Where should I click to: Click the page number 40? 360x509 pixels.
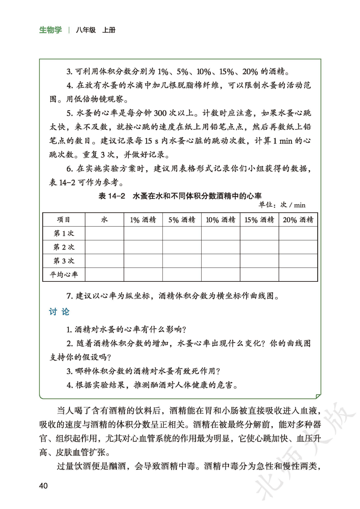click(43, 486)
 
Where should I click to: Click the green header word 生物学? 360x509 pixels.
click(50, 30)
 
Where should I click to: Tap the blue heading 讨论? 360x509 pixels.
click(59, 312)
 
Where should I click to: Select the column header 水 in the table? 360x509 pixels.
click(104, 220)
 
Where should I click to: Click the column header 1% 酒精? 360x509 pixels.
click(143, 220)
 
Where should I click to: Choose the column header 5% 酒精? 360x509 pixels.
click(182, 220)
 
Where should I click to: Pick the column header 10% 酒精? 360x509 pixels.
click(221, 220)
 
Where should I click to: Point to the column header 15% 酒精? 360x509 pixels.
click(259, 220)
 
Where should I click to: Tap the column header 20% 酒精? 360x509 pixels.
click(298, 220)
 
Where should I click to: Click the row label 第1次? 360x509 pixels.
click(64, 233)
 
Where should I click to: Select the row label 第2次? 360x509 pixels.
click(64, 247)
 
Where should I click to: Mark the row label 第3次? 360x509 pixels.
click(64, 261)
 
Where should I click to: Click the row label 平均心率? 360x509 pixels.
click(64, 275)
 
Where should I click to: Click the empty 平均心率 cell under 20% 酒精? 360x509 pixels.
click(298, 275)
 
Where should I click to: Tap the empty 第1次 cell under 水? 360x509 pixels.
click(104, 233)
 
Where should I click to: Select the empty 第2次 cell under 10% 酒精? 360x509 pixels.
click(221, 247)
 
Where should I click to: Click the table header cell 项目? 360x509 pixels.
click(64, 220)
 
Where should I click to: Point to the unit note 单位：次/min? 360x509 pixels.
click(282, 205)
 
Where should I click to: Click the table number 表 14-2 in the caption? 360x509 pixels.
click(112, 196)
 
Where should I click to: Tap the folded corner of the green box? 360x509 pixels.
click(318, 396)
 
